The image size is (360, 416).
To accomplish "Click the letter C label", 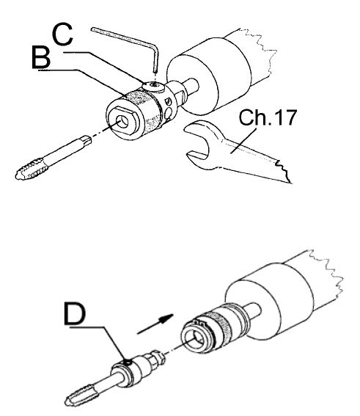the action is tap(62, 34).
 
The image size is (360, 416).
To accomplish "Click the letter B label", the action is tap(41, 57).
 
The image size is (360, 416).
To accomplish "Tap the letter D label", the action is tap(75, 314).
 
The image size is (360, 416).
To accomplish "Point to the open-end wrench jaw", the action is tap(198, 144).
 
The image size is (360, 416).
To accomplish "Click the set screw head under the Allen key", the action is tap(153, 87).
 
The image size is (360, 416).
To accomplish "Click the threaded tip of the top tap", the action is tap(29, 169).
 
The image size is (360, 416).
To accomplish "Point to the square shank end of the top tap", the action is tap(87, 139).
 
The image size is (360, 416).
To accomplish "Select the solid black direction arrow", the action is tap(155, 324).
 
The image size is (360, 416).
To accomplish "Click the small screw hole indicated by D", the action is tap(128, 362).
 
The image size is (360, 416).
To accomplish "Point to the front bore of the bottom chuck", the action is tap(195, 340).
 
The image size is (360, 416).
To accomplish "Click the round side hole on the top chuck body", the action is tap(168, 114).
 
